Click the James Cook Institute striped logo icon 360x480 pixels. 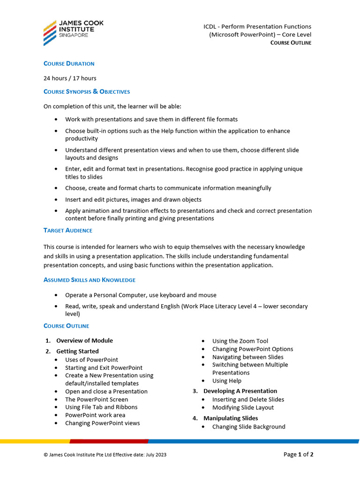[50, 33]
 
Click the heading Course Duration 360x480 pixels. [69, 63]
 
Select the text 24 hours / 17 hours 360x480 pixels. [70, 78]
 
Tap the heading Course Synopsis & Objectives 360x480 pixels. [87, 91]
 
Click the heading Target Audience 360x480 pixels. [68, 230]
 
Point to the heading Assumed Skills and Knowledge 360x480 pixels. [90, 280]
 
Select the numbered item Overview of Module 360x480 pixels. [84, 341]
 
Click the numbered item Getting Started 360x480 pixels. [77, 351]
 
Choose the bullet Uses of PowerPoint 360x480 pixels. [91, 360]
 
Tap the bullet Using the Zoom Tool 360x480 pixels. [240, 341]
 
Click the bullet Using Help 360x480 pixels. [226, 381]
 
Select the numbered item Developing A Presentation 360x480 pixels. [240, 391]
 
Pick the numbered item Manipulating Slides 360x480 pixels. [230, 418]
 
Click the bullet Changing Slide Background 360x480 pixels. [248, 427]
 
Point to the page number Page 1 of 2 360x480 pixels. [298, 454]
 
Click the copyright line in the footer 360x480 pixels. [105, 455]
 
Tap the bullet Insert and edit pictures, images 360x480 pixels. [133, 200]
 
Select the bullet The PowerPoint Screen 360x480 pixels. [97, 399]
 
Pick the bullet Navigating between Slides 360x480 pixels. [247, 357]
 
